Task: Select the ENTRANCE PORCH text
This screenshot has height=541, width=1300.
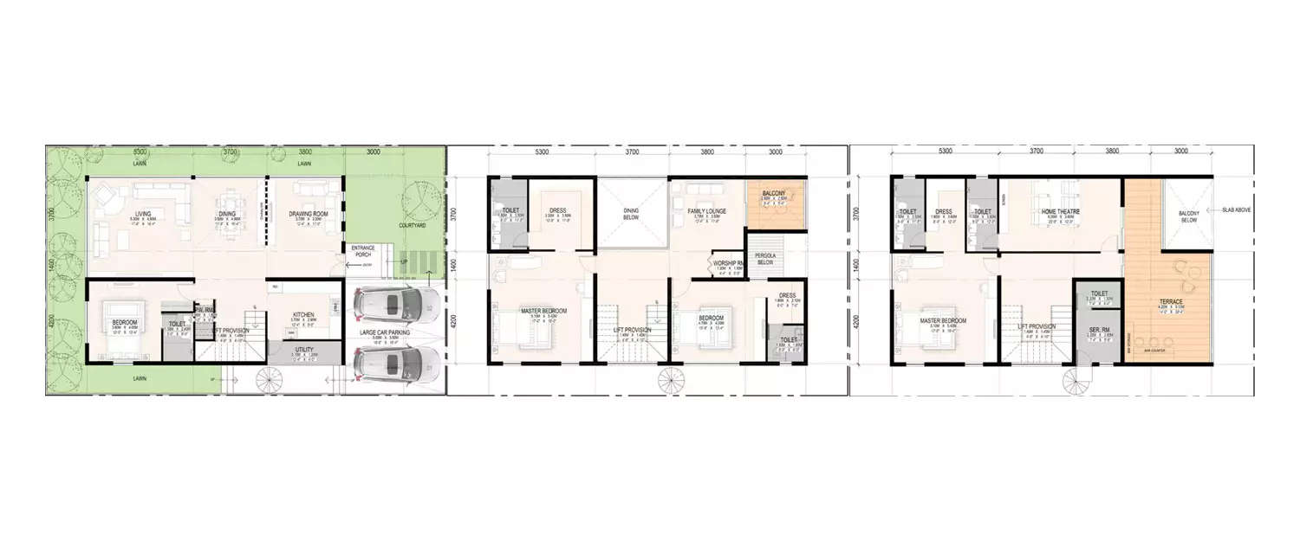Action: [x=362, y=251]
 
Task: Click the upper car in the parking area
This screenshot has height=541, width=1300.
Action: [x=395, y=304]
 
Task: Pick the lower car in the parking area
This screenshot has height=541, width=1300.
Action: [x=395, y=363]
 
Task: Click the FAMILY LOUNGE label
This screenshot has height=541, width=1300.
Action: [x=707, y=211]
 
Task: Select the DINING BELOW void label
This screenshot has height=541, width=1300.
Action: [x=632, y=215]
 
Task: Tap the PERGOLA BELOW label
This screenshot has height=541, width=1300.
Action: [x=765, y=259]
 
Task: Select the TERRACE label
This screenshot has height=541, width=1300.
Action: [x=1172, y=301]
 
